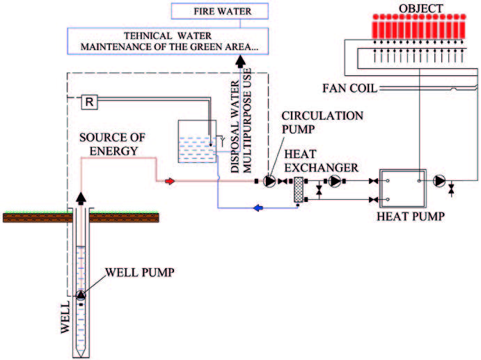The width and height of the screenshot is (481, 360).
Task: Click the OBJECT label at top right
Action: click(x=422, y=8)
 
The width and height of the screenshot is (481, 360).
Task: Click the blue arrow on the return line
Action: click(x=258, y=207)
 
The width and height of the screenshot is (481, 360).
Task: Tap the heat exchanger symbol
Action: click(x=297, y=189)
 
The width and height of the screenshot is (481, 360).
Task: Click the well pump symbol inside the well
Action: click(x=82, y=295)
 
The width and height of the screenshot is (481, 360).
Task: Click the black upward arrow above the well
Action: click(x=82, y=200)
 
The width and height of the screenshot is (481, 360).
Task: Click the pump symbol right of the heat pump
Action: click(x=439, y=181)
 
